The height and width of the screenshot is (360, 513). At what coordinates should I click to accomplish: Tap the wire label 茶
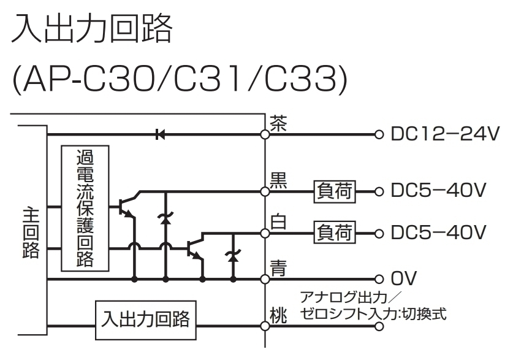point(278,123)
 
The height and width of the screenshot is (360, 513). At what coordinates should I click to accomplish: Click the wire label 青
point(278,267)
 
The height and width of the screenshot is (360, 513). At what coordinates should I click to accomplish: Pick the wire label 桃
point(278,317)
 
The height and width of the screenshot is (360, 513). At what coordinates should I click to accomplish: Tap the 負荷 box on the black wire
point(335,191)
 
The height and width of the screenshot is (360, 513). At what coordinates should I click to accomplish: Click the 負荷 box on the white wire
point(335,233)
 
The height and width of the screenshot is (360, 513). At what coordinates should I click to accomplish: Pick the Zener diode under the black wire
point(165,219)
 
